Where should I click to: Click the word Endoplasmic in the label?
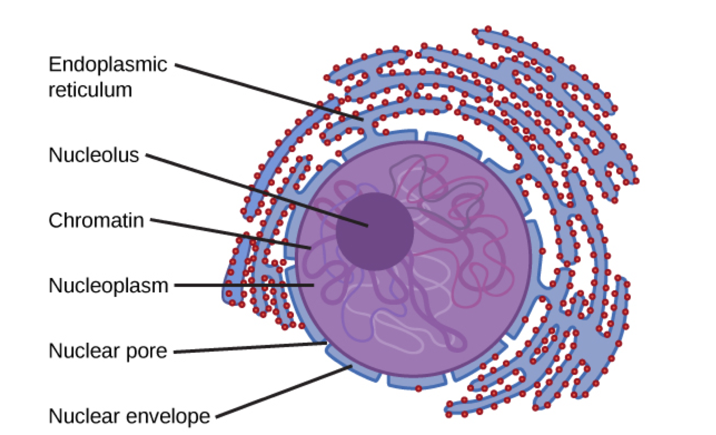point(107,65)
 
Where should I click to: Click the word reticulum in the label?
point(90,89)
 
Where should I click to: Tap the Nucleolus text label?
point(93,155)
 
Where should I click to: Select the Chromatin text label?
point(96,220)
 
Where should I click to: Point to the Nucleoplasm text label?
point(108,286)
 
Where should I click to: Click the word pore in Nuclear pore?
point(147,352)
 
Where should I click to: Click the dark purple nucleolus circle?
point(375,231)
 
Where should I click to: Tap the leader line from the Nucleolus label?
point(257,190)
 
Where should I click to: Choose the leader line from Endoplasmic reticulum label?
point(268,92)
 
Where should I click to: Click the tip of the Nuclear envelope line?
point(351,367)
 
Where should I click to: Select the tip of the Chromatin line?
point(310,247)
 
